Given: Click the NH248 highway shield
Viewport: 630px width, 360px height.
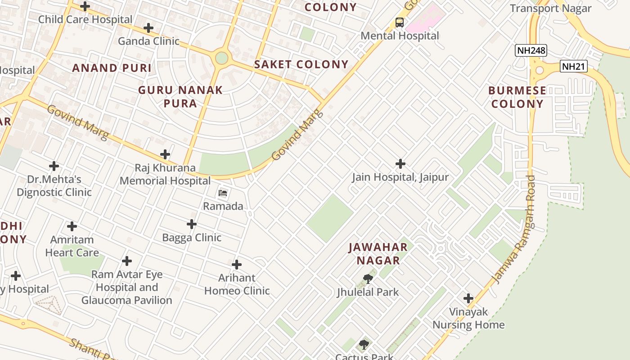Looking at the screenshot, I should pyautogui.click(x=531, y=50).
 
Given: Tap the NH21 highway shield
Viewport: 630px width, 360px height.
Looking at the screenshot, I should pyautogui.click(x=574, y=67).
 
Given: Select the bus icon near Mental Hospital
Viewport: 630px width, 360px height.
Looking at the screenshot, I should pyautogui.click(x=399, y=22).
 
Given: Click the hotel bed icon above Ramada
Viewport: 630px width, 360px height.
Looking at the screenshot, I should pyautogui.click(x=223, y=193).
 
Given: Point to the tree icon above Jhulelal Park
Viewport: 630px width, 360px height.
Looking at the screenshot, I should pyautogui.click(x=368, y=279).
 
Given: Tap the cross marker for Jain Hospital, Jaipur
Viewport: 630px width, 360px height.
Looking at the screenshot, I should pyautogui.click(x=400, y=164).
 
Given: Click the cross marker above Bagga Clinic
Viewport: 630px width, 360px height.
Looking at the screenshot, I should pyautogui.click(x=192, y=224).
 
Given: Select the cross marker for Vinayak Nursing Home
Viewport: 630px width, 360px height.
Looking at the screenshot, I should pyautogui.click(x=468, y=298).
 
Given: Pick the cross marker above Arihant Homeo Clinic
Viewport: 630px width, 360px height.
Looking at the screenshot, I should pyautogui.click(x=237, y=265).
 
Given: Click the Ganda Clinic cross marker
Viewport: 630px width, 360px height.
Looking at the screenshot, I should pyautogui.click(x=148, y=28).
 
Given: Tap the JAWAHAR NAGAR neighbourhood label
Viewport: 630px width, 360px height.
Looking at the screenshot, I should pyautogui.click(x=378, y=254).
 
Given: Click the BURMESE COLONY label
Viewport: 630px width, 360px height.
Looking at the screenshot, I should pyautogui.click(x=517, y=97).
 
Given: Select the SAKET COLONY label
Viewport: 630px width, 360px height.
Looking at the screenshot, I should pyautogui.click(x=301, y=64).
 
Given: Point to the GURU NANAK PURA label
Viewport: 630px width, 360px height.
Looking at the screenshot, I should pyautogui.click(x=180, y=97).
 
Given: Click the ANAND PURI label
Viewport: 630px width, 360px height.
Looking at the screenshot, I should pyautogui.click(x=112, y=68).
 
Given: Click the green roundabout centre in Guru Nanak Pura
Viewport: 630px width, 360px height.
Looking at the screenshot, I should pyautogui.click(x=221, y=58).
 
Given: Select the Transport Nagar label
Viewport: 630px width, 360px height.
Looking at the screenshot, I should pyautogui.click(x=550, y=8).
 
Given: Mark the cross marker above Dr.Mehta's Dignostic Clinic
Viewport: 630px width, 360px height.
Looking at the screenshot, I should pyautogui.click(x=54, y=166).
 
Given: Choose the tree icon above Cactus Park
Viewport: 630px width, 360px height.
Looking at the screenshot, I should pyautogui.click(x=364, y=345).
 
